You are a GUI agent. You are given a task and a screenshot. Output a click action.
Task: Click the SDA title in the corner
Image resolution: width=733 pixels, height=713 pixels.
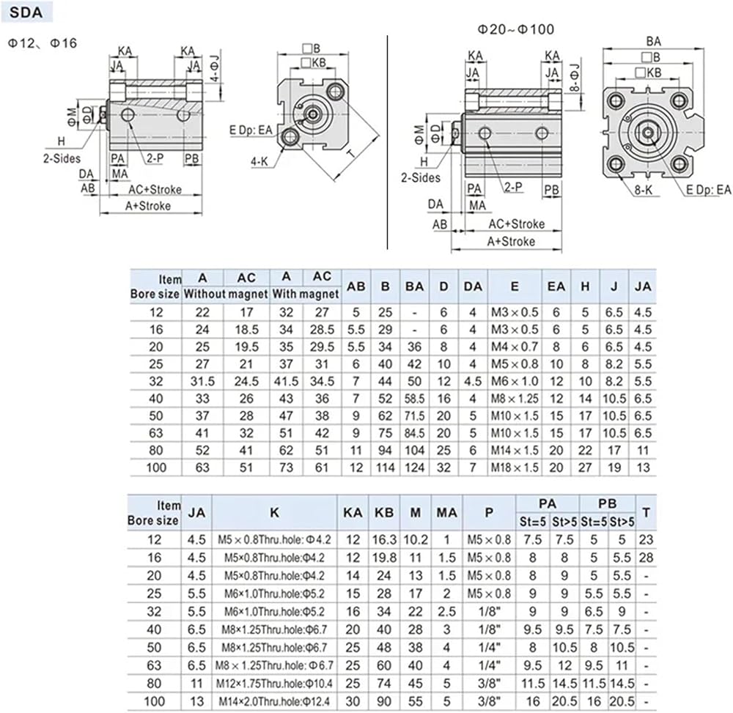[26, 12]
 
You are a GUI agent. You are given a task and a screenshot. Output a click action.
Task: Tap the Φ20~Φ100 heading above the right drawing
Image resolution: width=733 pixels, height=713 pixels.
[515, 29]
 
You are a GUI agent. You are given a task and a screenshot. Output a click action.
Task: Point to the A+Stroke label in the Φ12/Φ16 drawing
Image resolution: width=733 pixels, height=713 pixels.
[148, 206]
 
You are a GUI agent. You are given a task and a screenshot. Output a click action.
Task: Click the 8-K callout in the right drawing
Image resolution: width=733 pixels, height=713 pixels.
[644, 190]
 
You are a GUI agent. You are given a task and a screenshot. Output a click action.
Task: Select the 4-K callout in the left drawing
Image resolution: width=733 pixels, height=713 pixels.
[259, 162]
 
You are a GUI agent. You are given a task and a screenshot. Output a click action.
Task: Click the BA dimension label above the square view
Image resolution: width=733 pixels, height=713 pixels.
[654, 42]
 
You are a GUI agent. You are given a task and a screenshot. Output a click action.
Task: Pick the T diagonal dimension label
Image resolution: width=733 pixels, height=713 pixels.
[352, 154]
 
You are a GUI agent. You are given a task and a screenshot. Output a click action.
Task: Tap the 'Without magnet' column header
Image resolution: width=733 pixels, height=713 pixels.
[225, 294]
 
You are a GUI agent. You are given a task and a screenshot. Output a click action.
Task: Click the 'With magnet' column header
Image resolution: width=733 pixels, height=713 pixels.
[305, 294]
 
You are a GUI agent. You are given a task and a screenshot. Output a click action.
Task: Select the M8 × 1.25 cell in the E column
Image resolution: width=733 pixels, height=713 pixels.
[515, 399]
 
